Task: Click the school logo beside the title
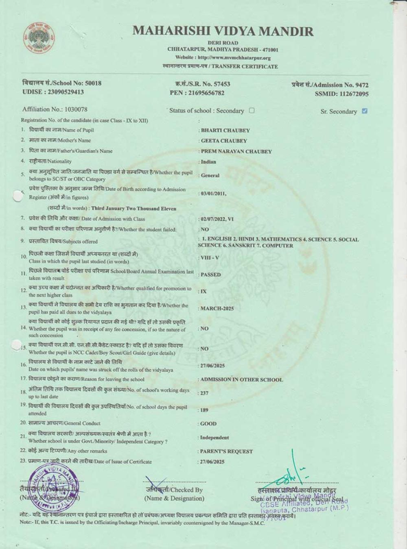click(39, 39)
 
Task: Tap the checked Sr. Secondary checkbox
click(364, 111)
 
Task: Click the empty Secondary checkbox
click(252, 110)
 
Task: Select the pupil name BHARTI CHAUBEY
click(225, 131)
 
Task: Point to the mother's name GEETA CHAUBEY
click(224, 141)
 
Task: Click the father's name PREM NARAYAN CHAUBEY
click(236, 151)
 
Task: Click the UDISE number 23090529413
click(66, 92)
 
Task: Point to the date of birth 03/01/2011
click(213, 194)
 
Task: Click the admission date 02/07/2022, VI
click(217, 219)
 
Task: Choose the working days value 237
click(204, 393)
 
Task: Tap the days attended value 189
click(204, 410)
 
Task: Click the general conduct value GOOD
click(208, 424)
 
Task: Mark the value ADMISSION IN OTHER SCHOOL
click(241, 379)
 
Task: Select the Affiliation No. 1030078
click(55, 109)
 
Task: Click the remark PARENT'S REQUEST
click(226, 451)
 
